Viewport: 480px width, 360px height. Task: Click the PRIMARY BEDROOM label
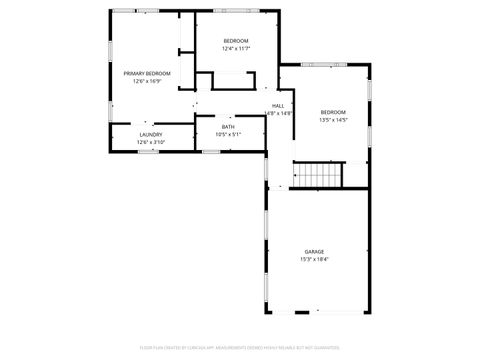147,74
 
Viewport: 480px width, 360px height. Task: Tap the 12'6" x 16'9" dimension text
147,81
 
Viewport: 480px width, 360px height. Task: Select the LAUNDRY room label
151,135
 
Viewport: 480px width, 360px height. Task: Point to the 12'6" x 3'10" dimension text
151,142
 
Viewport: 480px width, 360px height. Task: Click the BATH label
228,126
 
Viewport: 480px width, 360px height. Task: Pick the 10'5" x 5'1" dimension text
228,133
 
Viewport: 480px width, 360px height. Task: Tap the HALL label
278,106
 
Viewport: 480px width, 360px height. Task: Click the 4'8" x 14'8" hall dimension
279,113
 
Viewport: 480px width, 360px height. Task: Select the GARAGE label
314,251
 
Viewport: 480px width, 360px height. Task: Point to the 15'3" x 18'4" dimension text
314,259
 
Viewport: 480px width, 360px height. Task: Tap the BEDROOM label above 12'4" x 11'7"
236,40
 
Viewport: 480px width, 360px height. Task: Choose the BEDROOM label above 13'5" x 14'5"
333,112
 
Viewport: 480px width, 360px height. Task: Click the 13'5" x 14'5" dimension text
333,119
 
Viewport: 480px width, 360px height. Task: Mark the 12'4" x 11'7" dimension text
236,48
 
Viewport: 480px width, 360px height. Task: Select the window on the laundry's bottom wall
146,152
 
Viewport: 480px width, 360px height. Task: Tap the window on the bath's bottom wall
211,152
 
